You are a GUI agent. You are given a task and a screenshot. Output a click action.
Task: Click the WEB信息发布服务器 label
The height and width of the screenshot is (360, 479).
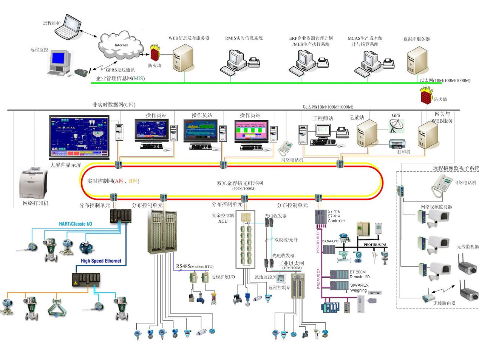pos(189,38)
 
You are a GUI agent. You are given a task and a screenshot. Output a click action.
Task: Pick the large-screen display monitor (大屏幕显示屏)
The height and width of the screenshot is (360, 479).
pos(79,137)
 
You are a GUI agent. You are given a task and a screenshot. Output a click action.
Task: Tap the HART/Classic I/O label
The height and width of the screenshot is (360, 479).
pos(75,224)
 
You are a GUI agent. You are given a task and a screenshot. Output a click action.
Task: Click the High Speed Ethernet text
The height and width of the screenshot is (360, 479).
pos(101,261)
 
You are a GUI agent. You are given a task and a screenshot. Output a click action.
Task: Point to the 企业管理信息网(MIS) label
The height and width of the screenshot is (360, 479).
pos(121,78)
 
